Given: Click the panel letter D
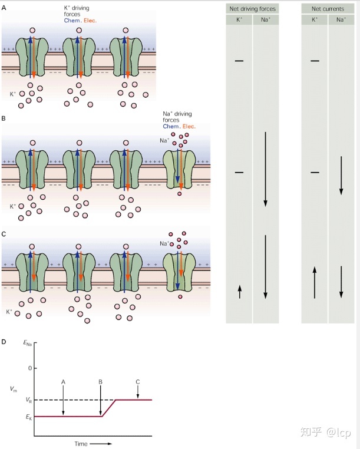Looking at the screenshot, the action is [x=4, y=342].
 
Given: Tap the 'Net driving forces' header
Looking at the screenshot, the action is [x=252, y=9].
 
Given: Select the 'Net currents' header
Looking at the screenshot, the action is [x=328, y=9].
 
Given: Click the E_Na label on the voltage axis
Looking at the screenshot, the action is [x=28, y=343].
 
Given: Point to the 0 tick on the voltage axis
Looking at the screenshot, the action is [x=30, y=368].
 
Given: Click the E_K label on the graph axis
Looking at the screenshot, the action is [x=29, y=417].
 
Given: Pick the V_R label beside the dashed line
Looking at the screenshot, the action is [x=29, y=400].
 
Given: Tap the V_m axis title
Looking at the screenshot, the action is [x=14, y=389].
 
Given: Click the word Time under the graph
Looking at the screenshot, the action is [x=81, y=444].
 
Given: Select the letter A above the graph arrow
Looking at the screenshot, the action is [x=63, y=382].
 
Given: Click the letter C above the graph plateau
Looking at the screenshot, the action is [x=138, y=382].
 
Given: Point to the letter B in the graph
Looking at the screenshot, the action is [x=101, y=382].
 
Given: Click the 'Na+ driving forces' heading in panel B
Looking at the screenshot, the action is [x=177, y=117].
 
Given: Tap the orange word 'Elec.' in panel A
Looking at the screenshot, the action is [x=90, y=21].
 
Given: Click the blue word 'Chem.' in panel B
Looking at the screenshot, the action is [x=171, y=126].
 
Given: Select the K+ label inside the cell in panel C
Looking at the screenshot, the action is [x=9, y=312].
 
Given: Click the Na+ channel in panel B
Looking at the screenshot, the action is [x=179, y=169].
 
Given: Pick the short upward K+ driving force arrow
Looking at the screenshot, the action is [x=240, y=292].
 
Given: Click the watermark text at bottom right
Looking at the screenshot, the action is [x=325, y=432].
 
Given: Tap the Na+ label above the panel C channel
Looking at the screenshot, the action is [x=164, y=243].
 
